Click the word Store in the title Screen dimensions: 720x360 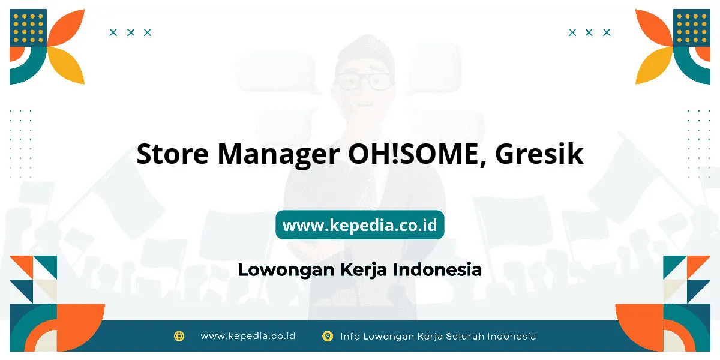pos(173,154)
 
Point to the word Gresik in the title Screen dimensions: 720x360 pos(539,154)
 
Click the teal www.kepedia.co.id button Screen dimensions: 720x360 pos(359,225)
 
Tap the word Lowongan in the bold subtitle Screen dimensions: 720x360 pos(286,270)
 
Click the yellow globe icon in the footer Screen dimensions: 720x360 pos(179,336)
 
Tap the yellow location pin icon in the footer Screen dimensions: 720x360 pos(328,336)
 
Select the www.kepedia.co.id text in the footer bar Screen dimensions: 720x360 pos(248,336)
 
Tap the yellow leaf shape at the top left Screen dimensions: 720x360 pos(67,65)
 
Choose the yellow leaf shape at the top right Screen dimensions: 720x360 pos(653,65)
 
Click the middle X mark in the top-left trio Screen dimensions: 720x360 pos(131,32)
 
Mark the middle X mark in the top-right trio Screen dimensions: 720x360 pos(589,32)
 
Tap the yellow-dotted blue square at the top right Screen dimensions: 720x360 pos(692,28)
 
